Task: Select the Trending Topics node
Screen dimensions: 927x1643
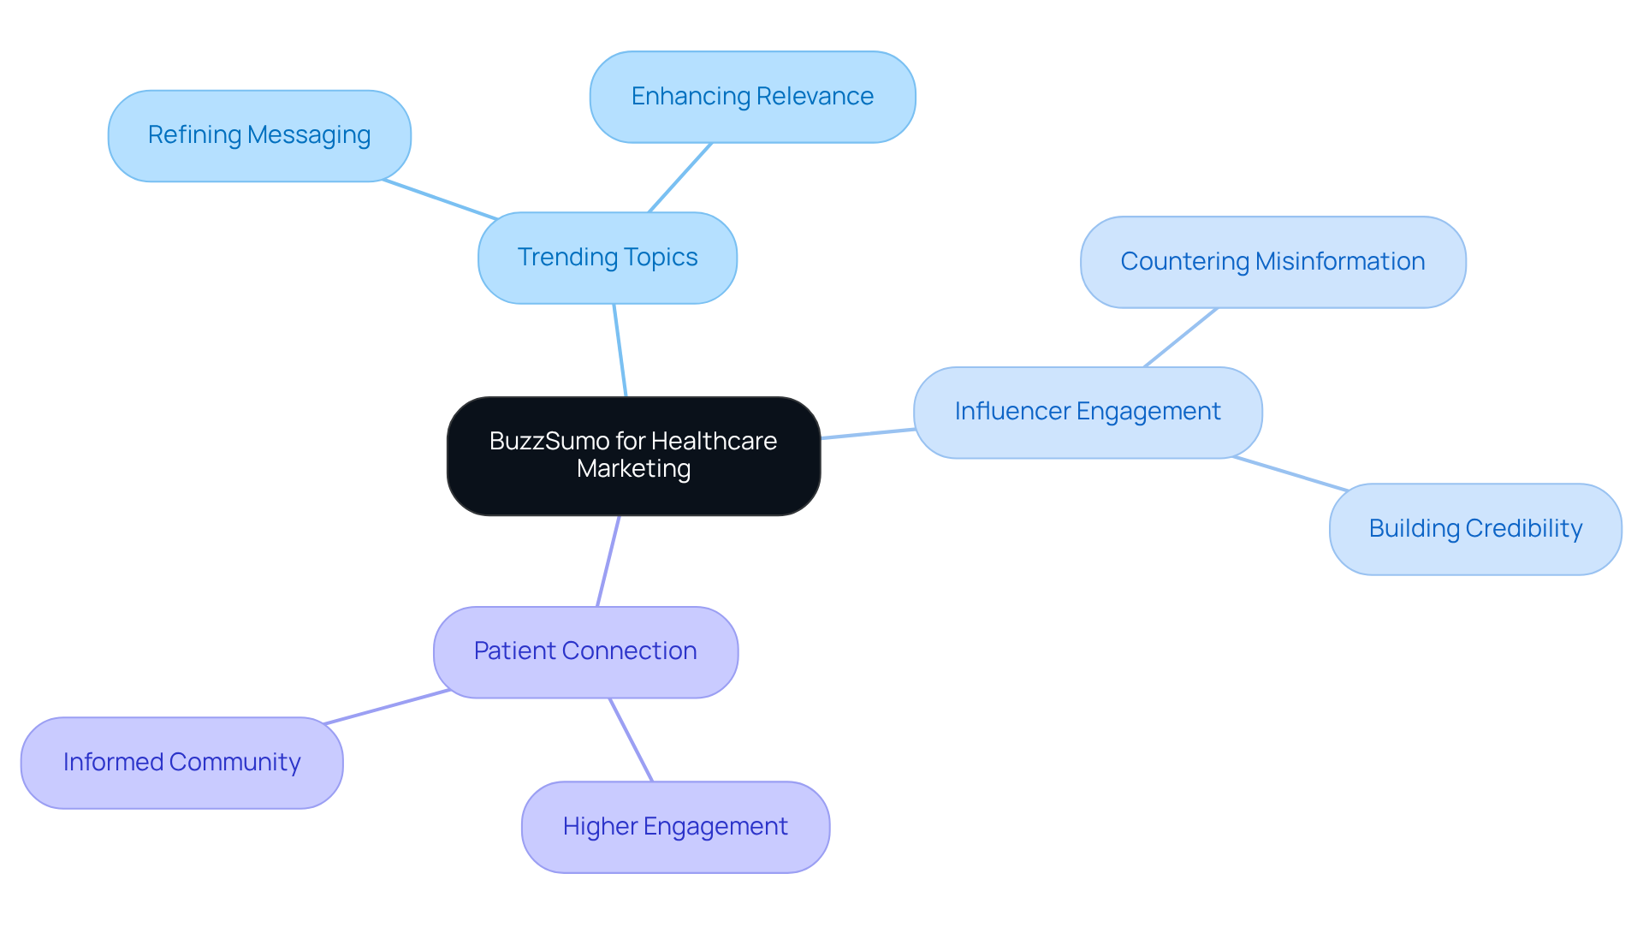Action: pos(608,258)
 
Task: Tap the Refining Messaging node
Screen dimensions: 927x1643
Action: pos(259,135)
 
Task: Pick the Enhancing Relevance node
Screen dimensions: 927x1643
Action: pos(752,97)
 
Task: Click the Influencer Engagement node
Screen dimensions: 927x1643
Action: pos(1088,412)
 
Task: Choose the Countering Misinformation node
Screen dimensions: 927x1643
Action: pos(1272,262)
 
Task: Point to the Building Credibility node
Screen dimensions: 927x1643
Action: pos(1475,529)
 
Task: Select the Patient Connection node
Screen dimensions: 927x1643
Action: pos(585,651)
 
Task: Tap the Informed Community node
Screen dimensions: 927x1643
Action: pos(181,763)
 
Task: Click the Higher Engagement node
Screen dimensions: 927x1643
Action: pos(675,827)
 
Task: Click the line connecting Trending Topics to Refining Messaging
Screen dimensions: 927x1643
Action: pos(440,199)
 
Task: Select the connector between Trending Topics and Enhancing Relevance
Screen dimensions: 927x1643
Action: pos(680,177)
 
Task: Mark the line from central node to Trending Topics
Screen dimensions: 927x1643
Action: pos(620,350)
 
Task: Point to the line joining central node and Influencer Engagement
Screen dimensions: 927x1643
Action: pos(868,434)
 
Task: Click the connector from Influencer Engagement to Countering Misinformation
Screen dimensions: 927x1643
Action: pos(1180,337)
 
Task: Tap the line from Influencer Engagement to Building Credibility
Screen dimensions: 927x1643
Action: pos(1290,473)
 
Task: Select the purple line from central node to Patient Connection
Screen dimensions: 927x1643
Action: pos(608,561)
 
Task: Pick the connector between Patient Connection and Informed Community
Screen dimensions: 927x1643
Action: pos(387,707)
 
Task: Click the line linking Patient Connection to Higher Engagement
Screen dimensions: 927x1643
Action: pos(631,740)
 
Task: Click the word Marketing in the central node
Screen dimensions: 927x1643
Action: pos(633,469)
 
